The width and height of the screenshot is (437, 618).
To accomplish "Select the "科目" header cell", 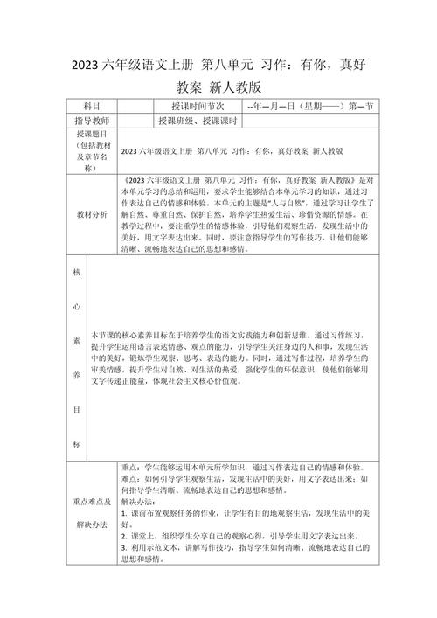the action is [x=91, y=106].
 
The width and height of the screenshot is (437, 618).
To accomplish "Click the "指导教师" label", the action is [x=91, y=121].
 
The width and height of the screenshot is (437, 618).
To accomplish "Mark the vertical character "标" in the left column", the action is [x=76, y=445].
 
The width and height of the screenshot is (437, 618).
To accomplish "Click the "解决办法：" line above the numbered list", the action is [x=138, y=502].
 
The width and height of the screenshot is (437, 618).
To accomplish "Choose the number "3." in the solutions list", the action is [x=124, y=545].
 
